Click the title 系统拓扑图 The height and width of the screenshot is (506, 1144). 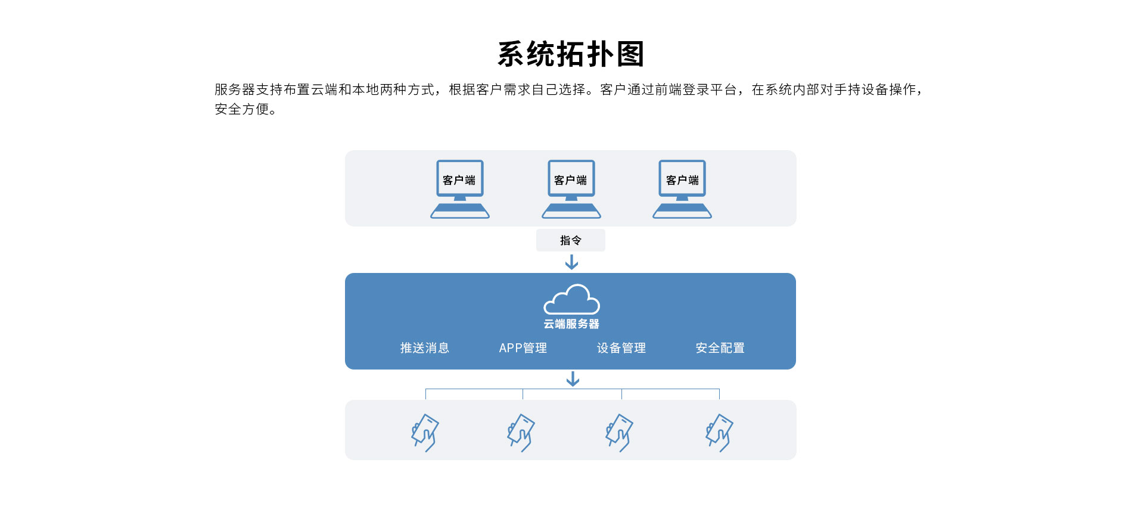pos(571,54)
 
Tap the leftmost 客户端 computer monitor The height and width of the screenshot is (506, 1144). pos(459,178)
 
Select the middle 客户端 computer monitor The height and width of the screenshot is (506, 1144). pos(571,178)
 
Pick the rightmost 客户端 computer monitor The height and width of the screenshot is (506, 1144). pos(682,178)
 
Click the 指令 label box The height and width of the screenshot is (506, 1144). pos(570,240)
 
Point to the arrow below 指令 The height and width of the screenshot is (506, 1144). pos(571,262)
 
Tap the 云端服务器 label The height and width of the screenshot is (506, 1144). pos(571,324)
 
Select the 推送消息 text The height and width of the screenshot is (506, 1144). pos(424,348)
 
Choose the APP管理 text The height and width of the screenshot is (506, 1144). pos(523,348)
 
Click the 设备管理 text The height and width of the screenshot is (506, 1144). pos(621,348)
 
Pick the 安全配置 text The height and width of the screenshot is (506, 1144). pos(720,348)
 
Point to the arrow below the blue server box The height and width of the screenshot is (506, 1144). pos(573,379)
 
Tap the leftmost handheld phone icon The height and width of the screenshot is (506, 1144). pos(425,433)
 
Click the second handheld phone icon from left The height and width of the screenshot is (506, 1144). pos(521,433)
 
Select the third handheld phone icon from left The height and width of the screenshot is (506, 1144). pos(620,433)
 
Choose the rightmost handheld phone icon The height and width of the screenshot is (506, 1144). pos(719,433)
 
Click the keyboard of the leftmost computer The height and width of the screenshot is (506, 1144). pos(460,211)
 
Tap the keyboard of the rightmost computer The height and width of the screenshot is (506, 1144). pos(682,211)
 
